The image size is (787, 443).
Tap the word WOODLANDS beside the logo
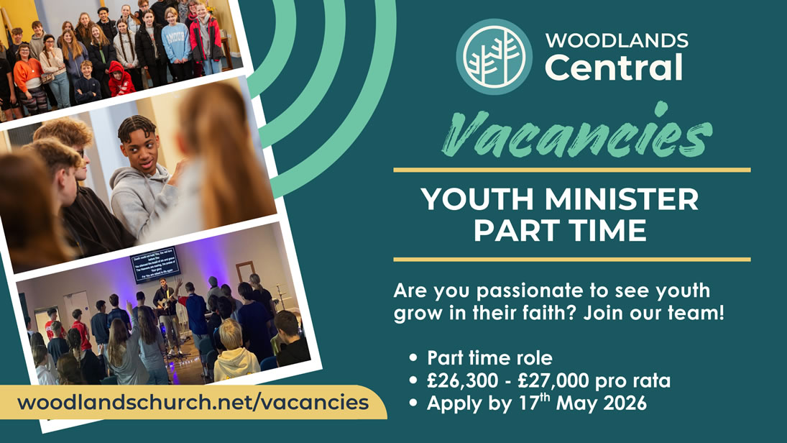616,40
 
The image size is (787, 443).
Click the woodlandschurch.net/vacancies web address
193,401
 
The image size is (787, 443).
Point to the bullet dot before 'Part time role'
413,357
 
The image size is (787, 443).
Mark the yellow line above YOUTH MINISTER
571,170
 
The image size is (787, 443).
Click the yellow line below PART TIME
571,259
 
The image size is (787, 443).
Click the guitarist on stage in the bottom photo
167,302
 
